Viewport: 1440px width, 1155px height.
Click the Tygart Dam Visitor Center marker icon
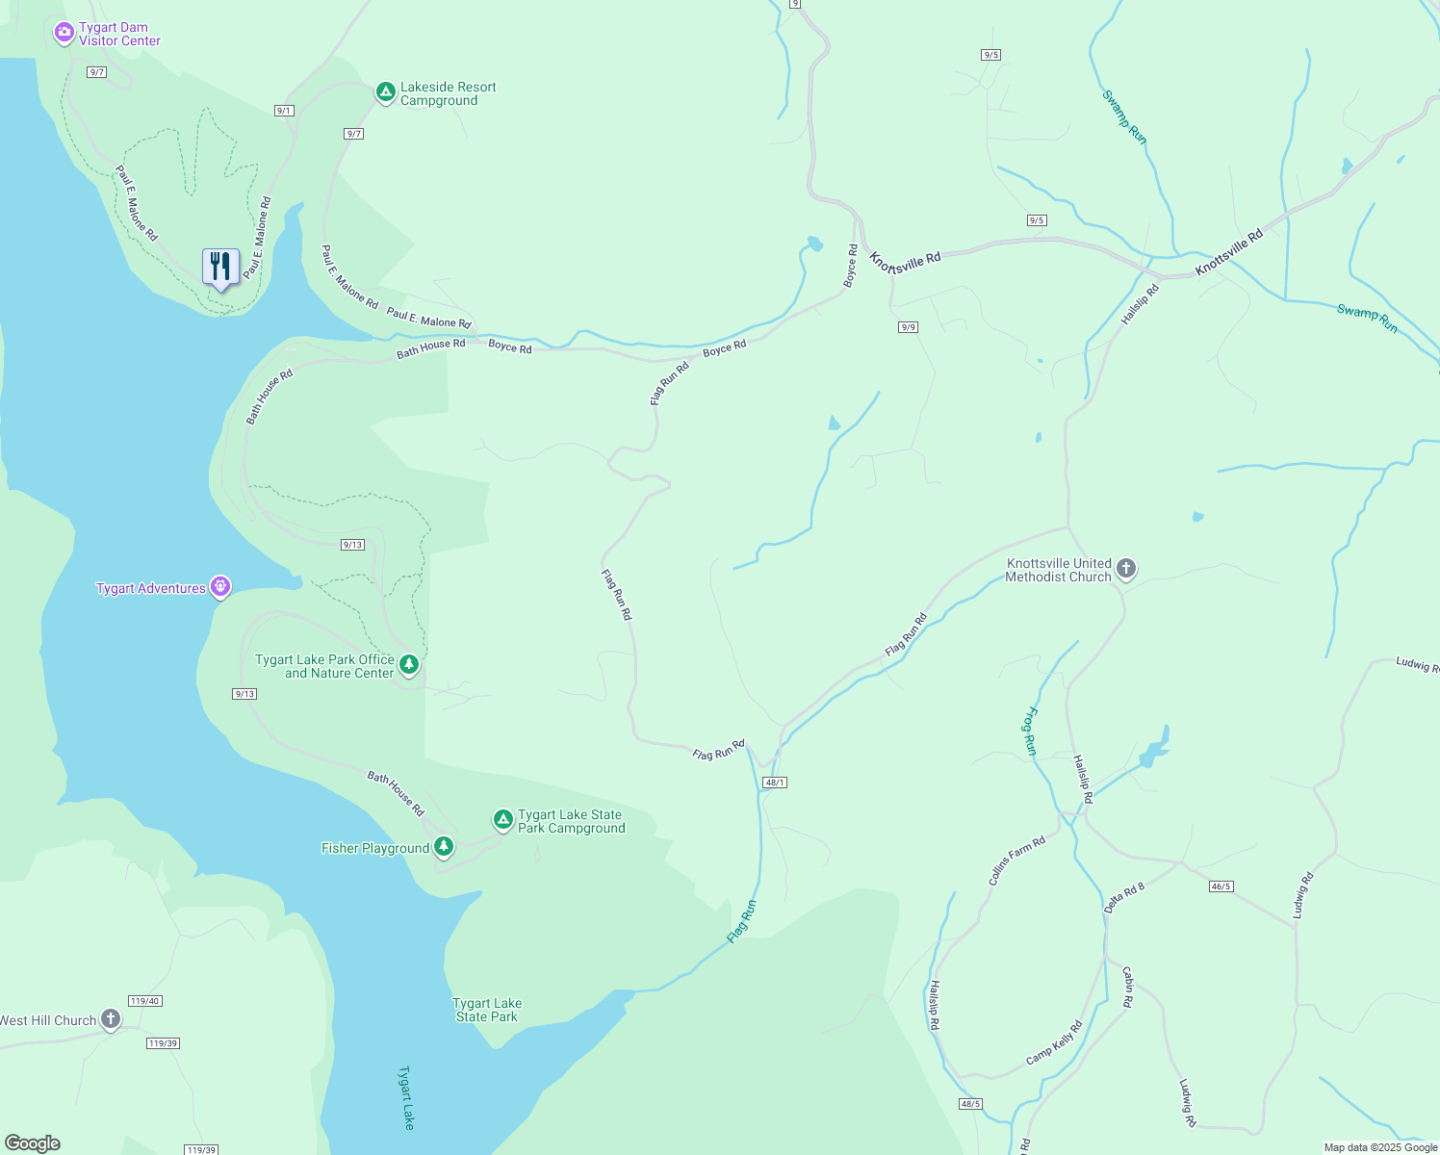tap(64, 34)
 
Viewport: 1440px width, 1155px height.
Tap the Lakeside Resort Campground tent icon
tap(385, 92)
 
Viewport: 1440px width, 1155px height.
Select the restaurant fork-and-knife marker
tap(220, 267)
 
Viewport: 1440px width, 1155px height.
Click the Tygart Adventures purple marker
tap(220, 586)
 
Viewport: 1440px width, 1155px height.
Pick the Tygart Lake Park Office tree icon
tap(409, 664)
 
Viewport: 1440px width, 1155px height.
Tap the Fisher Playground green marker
tap(444, 847)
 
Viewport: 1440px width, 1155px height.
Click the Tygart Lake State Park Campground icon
tap(502, 820)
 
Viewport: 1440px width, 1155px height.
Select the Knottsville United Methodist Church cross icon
tap(1125, 569)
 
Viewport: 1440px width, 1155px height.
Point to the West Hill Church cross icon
tap(111, 1019)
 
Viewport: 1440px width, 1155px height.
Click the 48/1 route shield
tap(775, 783)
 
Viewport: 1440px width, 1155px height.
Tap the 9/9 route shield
tap(908, 327)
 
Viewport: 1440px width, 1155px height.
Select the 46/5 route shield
tap(1221, 886)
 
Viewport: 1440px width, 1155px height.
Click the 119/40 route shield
tap(144, 1001)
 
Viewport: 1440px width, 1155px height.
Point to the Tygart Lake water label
tap(407, 1097)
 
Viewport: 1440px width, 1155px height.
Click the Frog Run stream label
tap(1030, 731)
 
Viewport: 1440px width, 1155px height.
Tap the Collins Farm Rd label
tap(1016, 860)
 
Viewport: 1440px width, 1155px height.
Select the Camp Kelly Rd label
tap(1054, 1042)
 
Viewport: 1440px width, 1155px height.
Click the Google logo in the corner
tap(33, 1143)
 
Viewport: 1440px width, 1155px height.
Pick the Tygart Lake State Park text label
tap(487, 1010)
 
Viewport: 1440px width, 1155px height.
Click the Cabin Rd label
tap(1128, 987)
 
